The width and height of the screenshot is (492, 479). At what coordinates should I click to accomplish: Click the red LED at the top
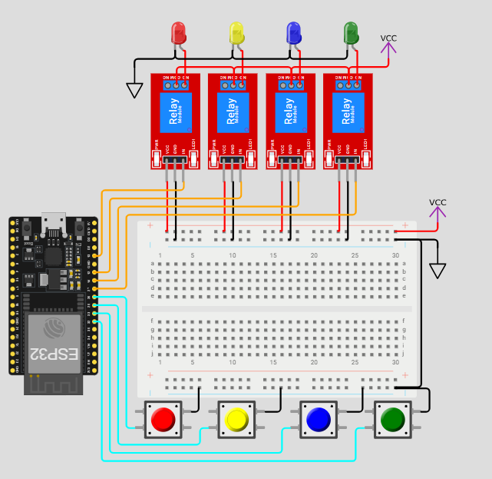click(178, 32)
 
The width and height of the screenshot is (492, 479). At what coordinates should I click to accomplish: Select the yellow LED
click(236, 32)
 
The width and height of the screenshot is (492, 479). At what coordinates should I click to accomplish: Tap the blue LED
click(293, 32)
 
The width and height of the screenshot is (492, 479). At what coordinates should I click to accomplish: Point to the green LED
click(351, 32)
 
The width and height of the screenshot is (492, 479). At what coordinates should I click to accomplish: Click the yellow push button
click(236, 419)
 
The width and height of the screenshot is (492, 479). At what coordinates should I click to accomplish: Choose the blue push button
click(317, 419)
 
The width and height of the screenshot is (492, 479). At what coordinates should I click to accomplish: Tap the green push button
click(392, 419)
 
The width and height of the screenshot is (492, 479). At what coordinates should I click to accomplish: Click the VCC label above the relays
click(388, 38)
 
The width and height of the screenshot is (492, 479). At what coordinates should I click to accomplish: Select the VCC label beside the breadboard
click(438, 203)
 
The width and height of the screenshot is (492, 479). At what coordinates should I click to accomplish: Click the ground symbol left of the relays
click(135, 90)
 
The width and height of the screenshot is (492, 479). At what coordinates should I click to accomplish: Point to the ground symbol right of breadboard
click(438, 271)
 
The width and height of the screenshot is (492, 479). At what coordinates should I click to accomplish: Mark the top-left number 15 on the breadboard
click(272, 254)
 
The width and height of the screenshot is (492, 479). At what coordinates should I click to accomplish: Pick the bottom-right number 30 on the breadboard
click(395, 361)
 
